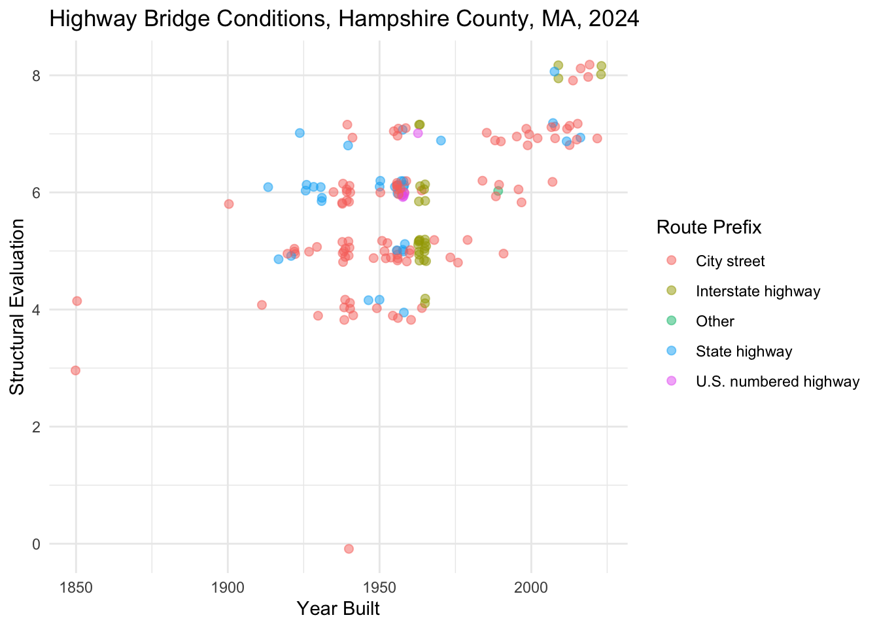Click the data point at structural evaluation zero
pos(349,549)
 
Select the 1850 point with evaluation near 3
pos(75,370)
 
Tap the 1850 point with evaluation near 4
pos(77,301)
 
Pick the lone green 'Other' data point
pos(498,191)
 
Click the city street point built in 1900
pos(229,204)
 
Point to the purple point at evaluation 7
pos(418,133)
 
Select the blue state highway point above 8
pos(554,71)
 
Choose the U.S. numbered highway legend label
pos(777,382)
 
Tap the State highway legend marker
pos(670,351)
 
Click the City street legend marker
pos(670,261)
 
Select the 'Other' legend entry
pos(715,321)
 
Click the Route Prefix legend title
pos(708,228)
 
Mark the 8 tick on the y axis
pos(37,76)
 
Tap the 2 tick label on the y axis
pos(37,427)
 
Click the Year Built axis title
pos(338,609)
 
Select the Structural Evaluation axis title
pos(18,307)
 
